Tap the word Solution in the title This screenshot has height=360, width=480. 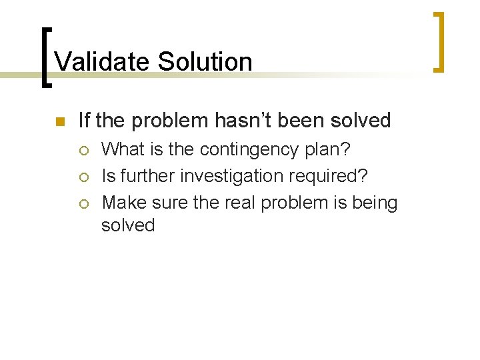pyautogui.click(x=205, y=62)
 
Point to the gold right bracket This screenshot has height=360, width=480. pyautogui.click(x=439, y=41)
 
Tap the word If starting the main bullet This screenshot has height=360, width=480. pyautogui.click(x=85, y=121)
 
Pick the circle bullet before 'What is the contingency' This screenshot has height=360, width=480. pyautogui.click(x=83, y=149)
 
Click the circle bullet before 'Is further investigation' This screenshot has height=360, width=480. pyautogui.click(x=83, y=177)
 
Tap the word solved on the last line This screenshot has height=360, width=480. pyautogui.click(x=128, y=225)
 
